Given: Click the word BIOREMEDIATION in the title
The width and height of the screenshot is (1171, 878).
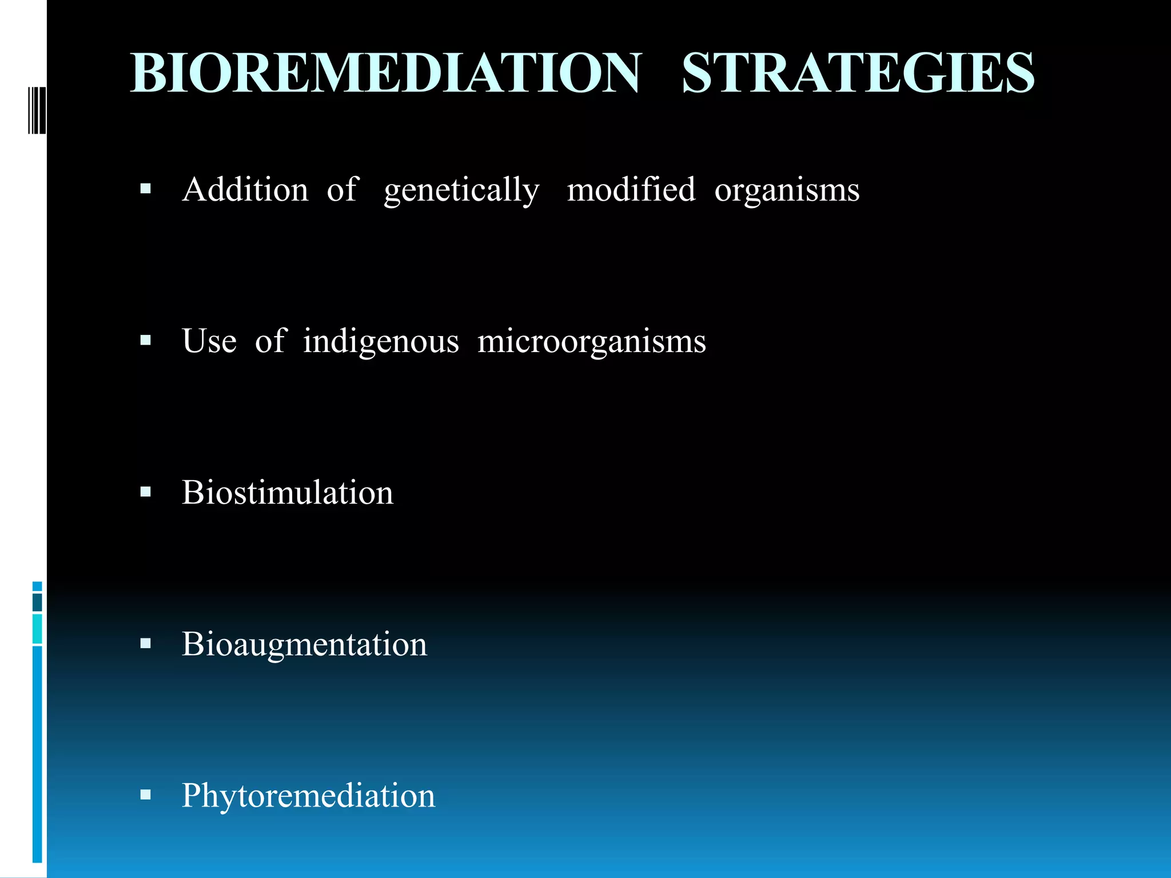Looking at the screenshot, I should [386, 73].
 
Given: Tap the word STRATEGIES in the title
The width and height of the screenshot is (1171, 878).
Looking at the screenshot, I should [858, 73].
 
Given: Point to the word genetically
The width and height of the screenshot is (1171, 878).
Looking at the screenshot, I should [461, 190].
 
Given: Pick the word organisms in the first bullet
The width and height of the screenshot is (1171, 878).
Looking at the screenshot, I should [787, 190].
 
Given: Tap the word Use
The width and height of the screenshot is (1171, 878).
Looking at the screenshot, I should [209, 341].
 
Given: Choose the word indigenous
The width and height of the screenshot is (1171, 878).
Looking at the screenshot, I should [381, 342].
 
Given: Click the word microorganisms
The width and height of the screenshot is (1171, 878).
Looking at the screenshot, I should [591, 342].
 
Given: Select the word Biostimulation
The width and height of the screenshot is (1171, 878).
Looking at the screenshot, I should [288, 493].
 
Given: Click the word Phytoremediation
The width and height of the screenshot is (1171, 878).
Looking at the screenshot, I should [308, 796].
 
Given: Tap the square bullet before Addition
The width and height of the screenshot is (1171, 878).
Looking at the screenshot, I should [146, 189].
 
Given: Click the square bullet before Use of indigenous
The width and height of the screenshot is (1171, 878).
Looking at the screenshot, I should [146, 341].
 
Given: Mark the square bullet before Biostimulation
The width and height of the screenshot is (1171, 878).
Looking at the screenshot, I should [146, 492].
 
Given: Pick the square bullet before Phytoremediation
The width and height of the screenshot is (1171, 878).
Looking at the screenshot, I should [146, 795].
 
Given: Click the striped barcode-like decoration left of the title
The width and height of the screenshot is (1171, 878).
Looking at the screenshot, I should [36, 110].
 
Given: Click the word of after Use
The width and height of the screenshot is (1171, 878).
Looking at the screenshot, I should [270, 341].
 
